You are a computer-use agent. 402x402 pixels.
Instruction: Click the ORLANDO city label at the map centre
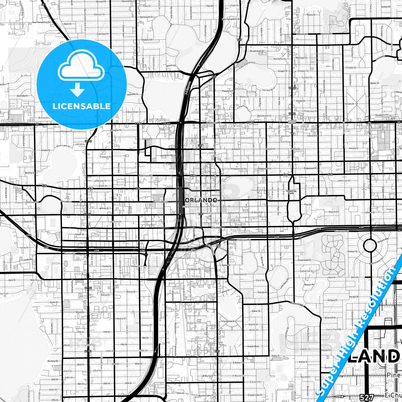(201, 200)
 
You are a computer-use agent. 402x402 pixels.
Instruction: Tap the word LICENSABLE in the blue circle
(82, 106)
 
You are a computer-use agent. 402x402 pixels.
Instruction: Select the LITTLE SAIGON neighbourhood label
(292, 122)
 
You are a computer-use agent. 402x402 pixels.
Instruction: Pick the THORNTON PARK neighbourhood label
(291, 192)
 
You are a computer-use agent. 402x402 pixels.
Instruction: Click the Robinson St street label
(146, 176)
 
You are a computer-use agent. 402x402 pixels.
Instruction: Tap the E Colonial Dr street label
(213, 122)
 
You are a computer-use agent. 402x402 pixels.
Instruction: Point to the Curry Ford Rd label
(334, 329)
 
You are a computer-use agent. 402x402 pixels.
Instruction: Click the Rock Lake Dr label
(63, 146)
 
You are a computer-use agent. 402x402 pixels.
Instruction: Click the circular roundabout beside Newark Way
(370, 246)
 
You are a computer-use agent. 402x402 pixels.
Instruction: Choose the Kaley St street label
(276, 356)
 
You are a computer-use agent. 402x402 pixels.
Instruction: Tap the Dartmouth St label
(146, 17)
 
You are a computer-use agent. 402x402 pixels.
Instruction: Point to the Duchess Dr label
(53, 361)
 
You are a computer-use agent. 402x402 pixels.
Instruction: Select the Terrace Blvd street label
(268, 90)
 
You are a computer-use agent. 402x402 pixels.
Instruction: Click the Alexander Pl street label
(167, 156)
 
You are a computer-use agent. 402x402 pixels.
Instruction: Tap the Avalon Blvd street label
(253, 346)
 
